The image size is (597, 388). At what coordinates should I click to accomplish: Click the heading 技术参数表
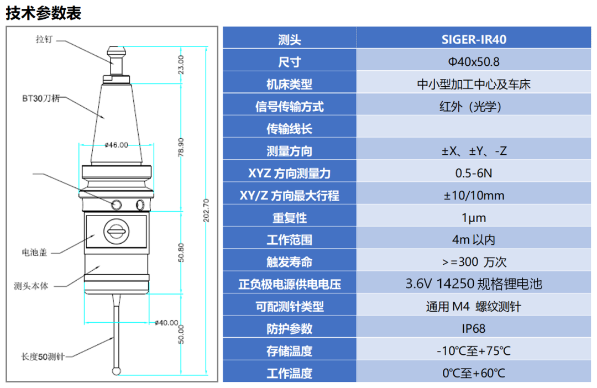pos(44,13)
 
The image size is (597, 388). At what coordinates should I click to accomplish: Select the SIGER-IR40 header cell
pos(474,39)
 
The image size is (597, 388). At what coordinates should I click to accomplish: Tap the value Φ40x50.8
pos(474,62)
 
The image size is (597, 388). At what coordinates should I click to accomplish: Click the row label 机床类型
pos(289,84)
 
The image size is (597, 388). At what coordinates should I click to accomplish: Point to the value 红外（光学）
pos(470,106)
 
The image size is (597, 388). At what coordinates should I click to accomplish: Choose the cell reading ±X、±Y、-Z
pos(474,151)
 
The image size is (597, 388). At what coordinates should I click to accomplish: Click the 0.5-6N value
pos(474,173)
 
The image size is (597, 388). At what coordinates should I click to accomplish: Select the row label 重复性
pos(289,218)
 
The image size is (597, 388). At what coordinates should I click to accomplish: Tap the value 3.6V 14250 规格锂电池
pos(474,284)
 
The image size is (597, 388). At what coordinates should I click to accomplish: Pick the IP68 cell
pos(474,329)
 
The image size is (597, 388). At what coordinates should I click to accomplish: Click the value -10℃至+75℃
pos(474,350)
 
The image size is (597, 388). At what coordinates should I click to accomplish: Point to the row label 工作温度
pos(289,373)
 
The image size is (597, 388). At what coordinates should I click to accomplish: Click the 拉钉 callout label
pos(44,39)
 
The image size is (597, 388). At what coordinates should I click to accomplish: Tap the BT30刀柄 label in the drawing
pos(41,98)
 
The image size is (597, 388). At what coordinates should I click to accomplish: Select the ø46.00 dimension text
pos(117,145)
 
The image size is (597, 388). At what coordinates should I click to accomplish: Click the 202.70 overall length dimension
pos(206,210)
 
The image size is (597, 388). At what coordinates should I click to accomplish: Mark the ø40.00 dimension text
pos(166,323)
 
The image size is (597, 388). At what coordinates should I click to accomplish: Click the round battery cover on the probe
pos(116,231)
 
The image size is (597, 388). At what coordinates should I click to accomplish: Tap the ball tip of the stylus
pos(116,371)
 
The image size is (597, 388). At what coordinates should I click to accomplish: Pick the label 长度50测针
pos(43,357)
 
